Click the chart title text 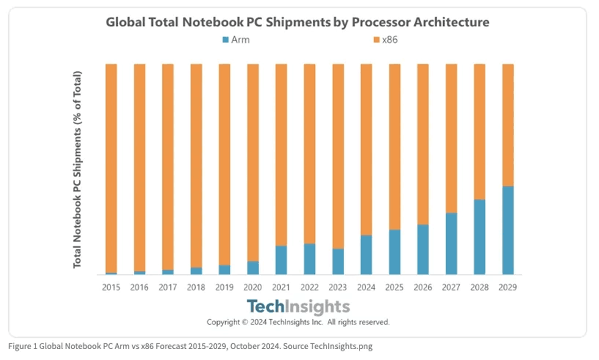[297, 22]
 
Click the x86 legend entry [386, 40]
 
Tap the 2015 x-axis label [111, 287]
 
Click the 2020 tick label [253, 287]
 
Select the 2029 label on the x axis [508, 287]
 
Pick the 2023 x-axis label [338, 287]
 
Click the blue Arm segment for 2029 [508, 230]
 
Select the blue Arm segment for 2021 [281, 260]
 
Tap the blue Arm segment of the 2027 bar [451, 244]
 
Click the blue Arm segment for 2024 [366, 255]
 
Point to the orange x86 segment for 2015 [111, 168]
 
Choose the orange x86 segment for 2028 [479, 131]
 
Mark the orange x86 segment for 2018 [196, 165]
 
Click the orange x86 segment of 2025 [394, 146]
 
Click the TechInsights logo [298, 306]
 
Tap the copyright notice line [298, 322]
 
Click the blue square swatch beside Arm [226, 40]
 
